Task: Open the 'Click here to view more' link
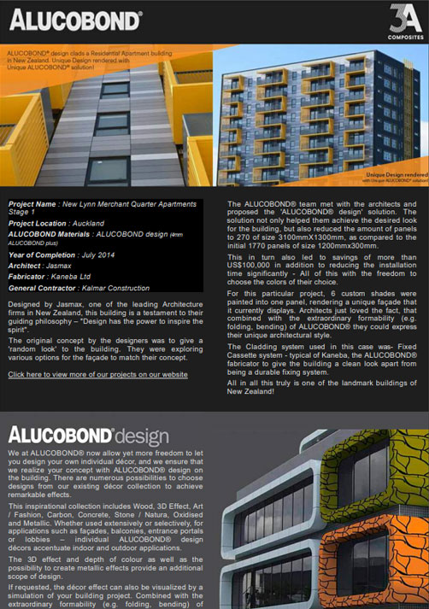tap(98, 373)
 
